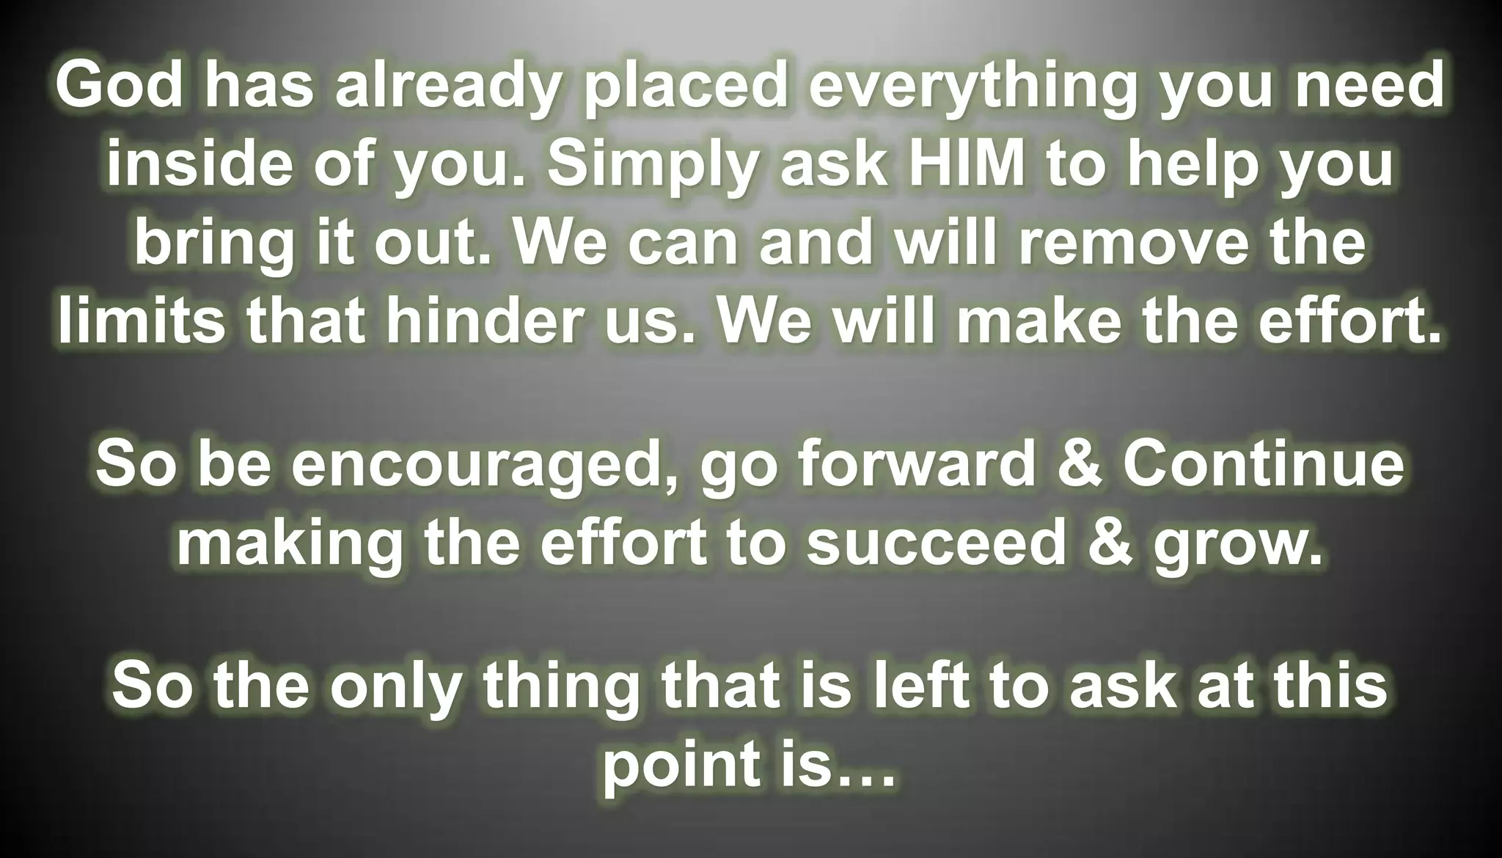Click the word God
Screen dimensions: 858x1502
119,87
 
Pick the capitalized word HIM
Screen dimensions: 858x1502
966,163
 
